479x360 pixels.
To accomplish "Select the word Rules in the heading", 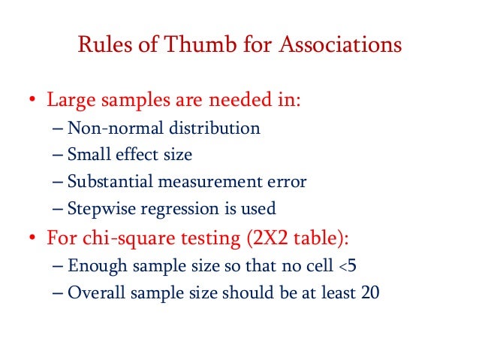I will (x=100, y=46).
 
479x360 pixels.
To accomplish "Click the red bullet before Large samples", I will (x=32, y=100).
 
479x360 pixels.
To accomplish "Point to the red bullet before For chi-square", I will (x=32, y=237).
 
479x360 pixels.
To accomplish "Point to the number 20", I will (x=369, y=292).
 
